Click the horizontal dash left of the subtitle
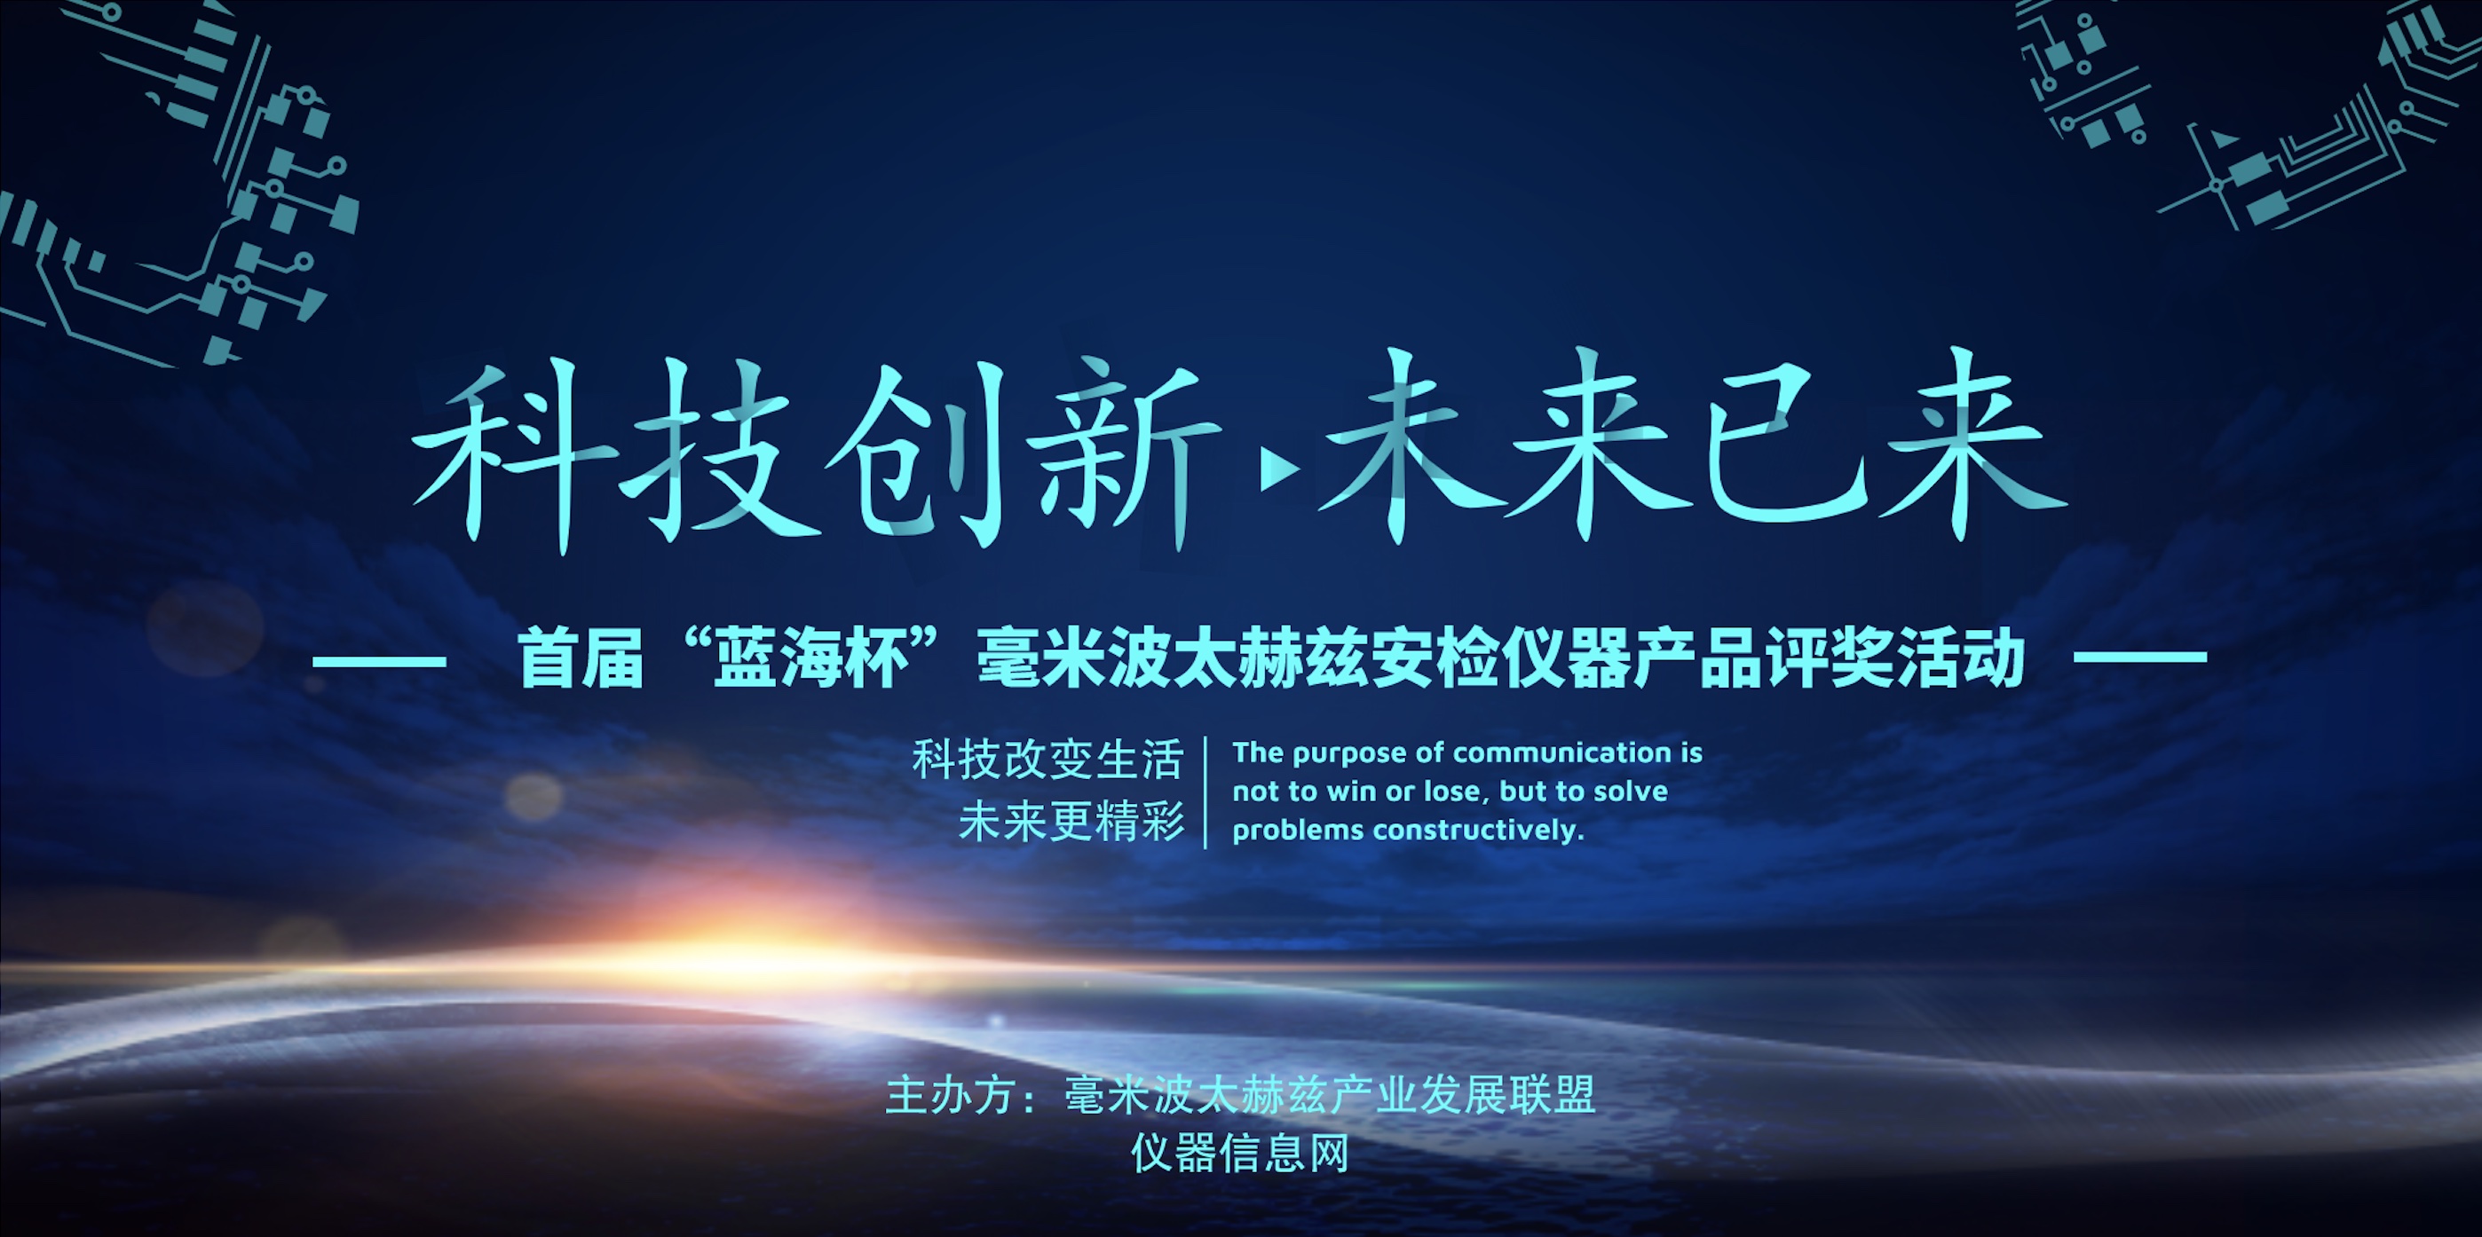tap(380, 661)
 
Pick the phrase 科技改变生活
tap(1047, 760)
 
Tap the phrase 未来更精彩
tap(1071, 822)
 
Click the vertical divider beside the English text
tap(1205, 792)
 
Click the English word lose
tap(1455, 791)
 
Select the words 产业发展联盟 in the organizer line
tap(1462, 1095)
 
